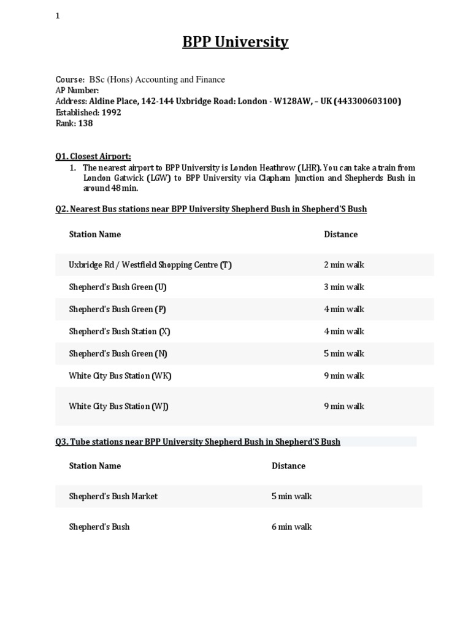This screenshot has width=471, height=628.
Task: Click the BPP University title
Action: [x=235, y=42]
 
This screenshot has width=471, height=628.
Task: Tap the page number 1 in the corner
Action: [x=58, y=17]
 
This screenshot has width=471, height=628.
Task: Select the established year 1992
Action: [x=111, y=112]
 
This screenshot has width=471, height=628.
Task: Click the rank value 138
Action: [x=85, y=123]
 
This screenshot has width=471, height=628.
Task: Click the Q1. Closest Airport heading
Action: [x=93, y=156]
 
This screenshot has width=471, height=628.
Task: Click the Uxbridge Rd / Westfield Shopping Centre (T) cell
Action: [x=150, y=265]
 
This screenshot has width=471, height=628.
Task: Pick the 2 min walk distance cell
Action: [x=344, y=265]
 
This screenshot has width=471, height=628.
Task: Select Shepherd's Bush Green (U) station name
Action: [x=118, y=287]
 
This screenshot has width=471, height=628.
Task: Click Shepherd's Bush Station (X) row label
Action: [x=120, y=331]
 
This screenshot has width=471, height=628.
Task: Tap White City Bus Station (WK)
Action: [x=120, y=376]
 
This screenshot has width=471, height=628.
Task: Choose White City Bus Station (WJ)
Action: [x=119, y=406]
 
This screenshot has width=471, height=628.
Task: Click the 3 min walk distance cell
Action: [x=344, y=287]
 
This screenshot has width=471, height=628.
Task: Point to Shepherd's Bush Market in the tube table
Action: [x=113, y=496]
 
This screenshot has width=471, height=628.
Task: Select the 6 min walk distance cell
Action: [x=292, y=527]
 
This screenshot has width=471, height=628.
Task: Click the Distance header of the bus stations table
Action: [x=340, y=234]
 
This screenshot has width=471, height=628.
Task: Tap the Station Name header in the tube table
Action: [x=95, y=465]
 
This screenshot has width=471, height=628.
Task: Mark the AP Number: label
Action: [x=77, y=90]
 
